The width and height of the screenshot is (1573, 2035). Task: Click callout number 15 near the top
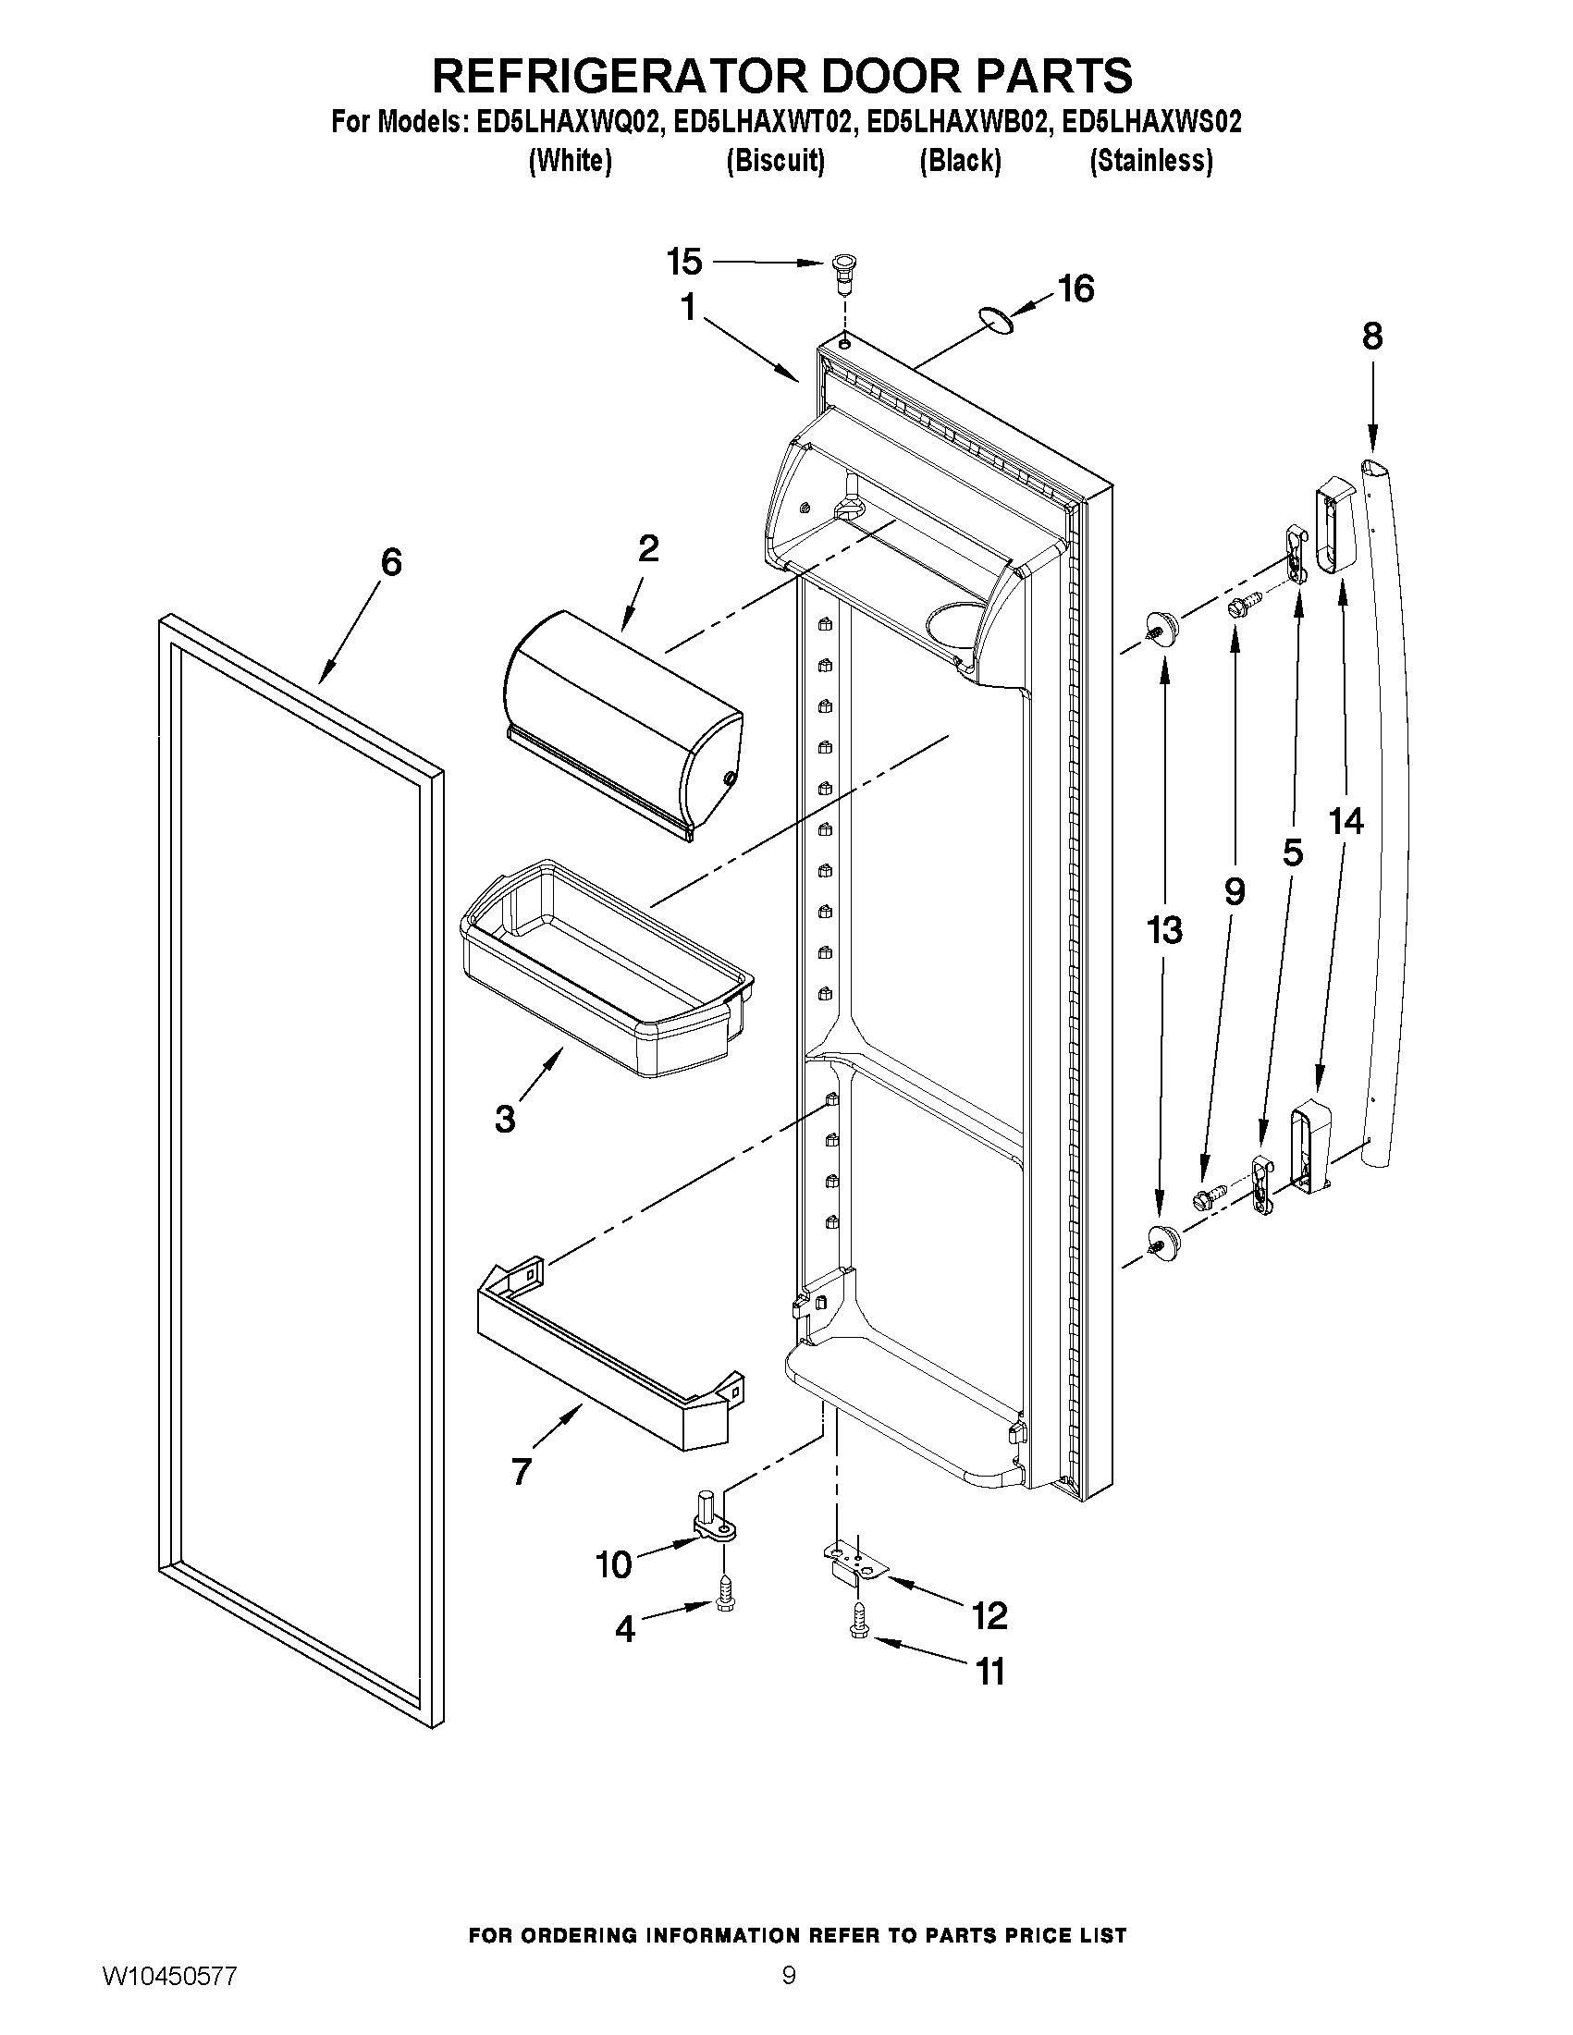pyautogui.click(x=684, y=263)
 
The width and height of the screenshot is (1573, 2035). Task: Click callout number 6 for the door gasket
pyautogui.click(x=391, y=562)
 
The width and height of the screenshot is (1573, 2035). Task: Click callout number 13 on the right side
pyautogui.click(x=1165, y=929)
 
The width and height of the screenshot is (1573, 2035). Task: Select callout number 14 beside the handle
pyautogui.click(x=1346, y=821)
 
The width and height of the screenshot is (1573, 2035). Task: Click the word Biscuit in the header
pyautogui.click(x=775, y=161)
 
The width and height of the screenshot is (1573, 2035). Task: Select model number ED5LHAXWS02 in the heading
pyautogui.click(x=1152, y=123)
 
